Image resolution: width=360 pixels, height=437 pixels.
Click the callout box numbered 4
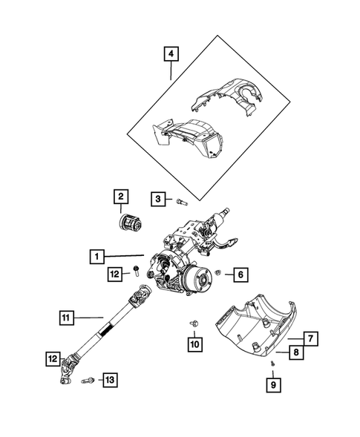coord(171,53)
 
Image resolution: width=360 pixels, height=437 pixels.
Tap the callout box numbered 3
coord(159,198)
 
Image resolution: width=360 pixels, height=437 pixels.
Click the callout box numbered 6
coord(240,275)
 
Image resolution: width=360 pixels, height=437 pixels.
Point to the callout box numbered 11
coord(66,318)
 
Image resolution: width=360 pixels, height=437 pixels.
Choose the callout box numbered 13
coord(109,380)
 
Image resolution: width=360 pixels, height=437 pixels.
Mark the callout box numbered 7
coord(311,339)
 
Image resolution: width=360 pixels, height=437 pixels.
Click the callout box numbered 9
coord(274,384)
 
